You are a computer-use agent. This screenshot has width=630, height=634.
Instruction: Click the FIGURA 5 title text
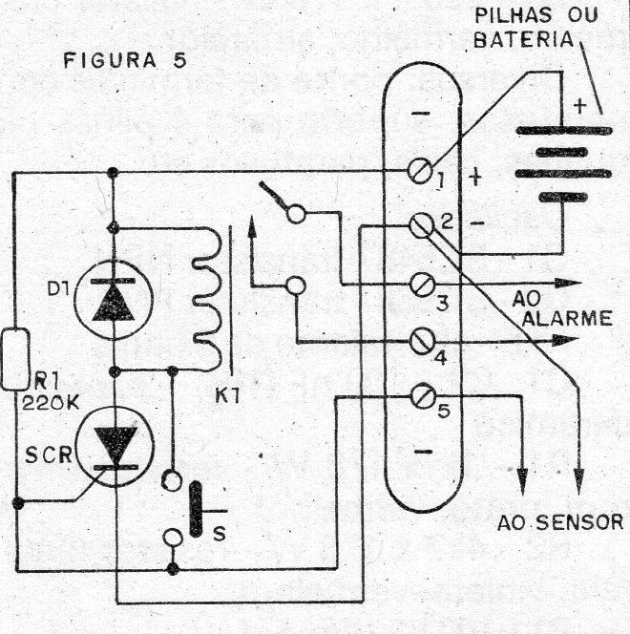point(125,61)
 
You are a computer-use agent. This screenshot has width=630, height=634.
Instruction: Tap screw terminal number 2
point(422,224)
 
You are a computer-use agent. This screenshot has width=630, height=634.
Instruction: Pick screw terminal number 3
point(423,285)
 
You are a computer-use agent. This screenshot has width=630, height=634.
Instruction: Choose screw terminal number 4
point(422,342)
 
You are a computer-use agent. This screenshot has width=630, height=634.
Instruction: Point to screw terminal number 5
point(423,395)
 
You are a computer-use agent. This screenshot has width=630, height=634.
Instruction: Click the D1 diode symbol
point(114,299)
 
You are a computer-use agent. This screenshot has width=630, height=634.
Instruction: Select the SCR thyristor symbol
point(115,447)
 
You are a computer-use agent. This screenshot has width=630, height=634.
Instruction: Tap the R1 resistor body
point(15,359)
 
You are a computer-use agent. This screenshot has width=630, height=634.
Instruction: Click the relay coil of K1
point(208,299)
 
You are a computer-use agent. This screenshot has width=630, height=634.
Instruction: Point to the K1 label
point(227,396)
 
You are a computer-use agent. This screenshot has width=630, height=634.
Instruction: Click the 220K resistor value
point(51,403)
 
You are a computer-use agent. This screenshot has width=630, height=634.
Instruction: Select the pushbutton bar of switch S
point(196,509)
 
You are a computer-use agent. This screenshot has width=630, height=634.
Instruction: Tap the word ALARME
point(567,319)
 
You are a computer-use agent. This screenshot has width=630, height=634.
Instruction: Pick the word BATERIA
point(524,40)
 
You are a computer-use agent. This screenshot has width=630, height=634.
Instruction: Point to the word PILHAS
point(514,15)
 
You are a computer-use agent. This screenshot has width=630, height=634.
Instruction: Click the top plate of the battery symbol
point(564,131)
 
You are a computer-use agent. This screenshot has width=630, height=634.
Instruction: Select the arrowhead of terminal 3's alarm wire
point(568,284)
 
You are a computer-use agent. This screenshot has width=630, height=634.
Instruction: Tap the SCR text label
point(49,455)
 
